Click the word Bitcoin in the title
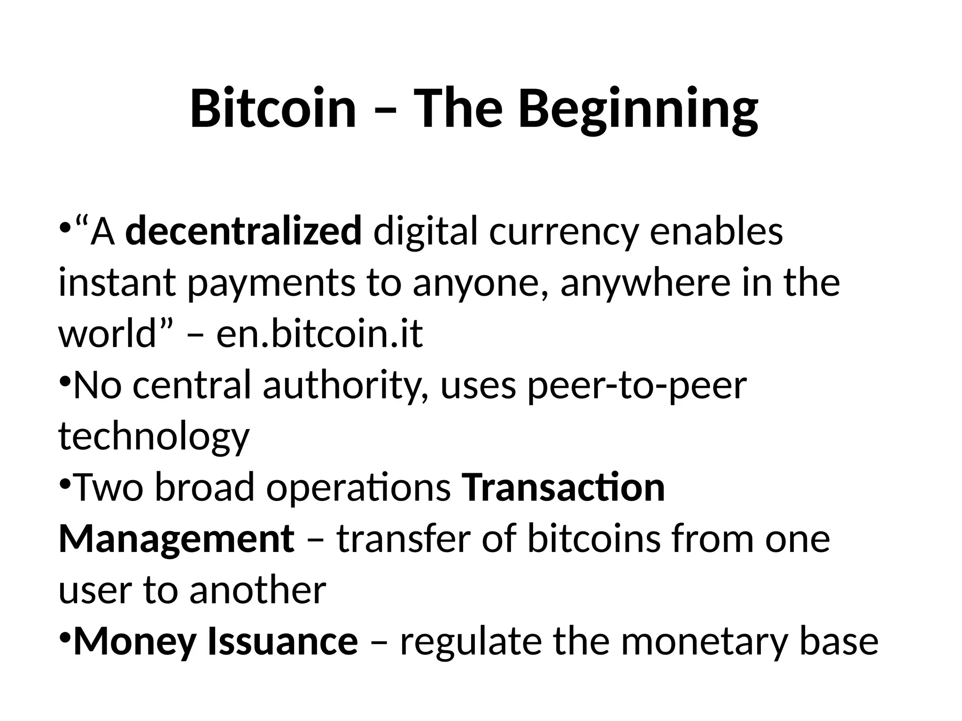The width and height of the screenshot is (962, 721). [x=273, y=109]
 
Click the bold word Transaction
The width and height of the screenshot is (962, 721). [x=564, y=488]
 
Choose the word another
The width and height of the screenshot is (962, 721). [x=257, y=590]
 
